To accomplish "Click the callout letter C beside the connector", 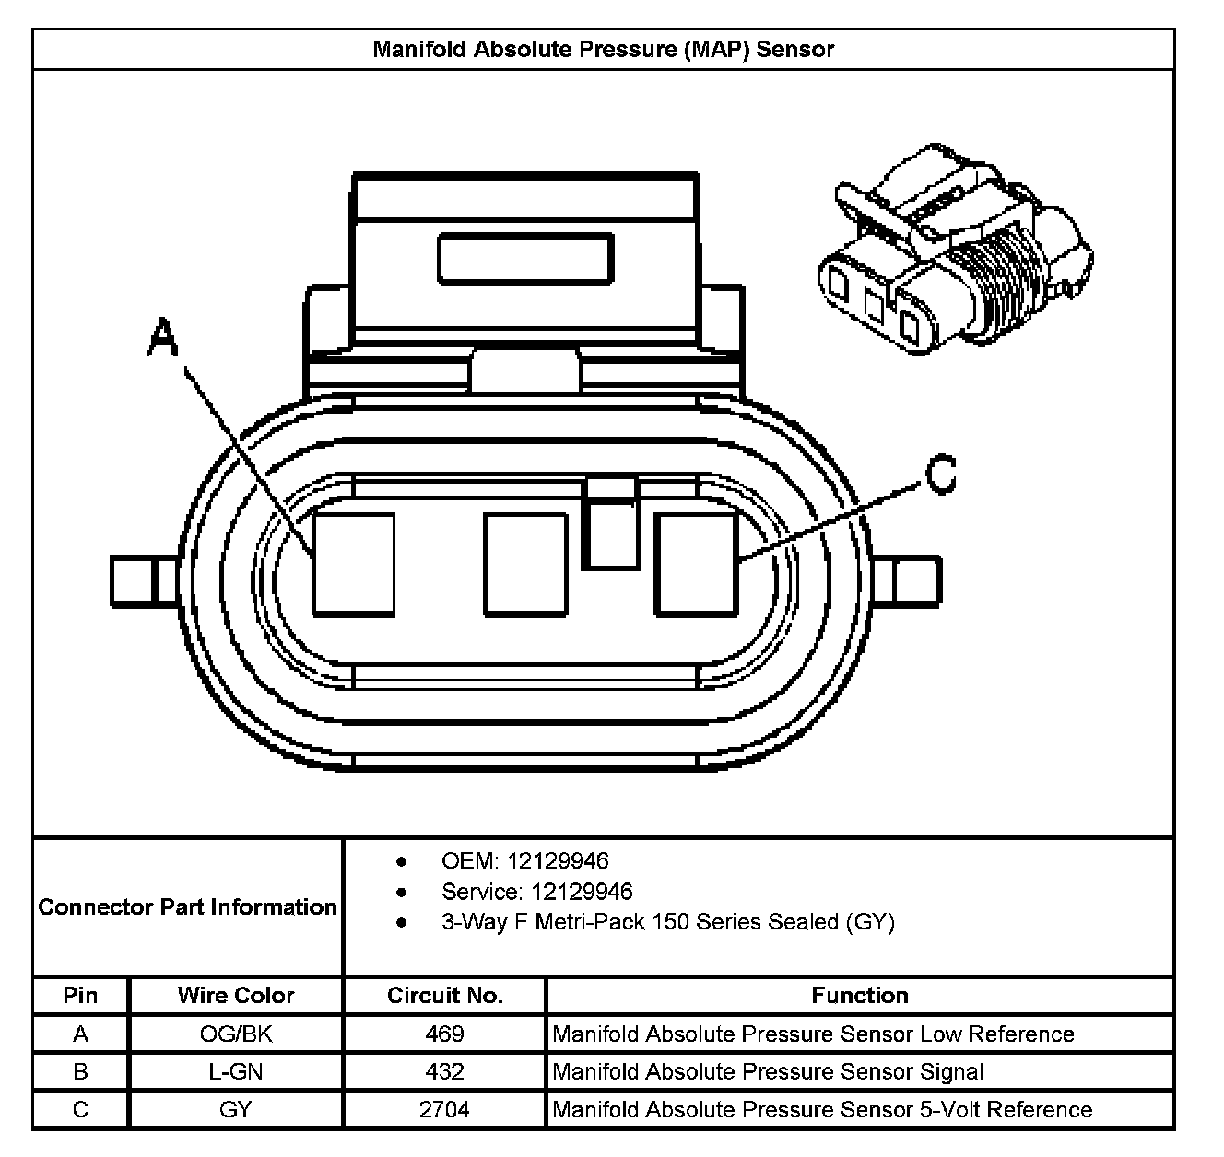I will point(939,475).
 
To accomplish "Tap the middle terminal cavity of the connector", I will point(525,565).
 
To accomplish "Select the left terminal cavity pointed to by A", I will point(354,565).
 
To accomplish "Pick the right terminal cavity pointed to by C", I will point(697,565).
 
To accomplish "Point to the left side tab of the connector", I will point(145,581).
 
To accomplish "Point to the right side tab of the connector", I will point(907,581).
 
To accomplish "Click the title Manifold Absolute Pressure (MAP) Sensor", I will point(603,49).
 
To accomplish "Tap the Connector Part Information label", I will point(188,907).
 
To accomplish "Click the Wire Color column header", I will point(236,996).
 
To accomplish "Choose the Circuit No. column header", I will point(444,996).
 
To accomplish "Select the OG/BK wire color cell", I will point(236,1034).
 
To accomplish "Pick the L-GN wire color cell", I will point(236,1072).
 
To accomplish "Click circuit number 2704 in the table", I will point(444,1110).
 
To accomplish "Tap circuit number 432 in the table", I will point(444,1072).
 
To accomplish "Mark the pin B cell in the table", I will point(81,1072).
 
